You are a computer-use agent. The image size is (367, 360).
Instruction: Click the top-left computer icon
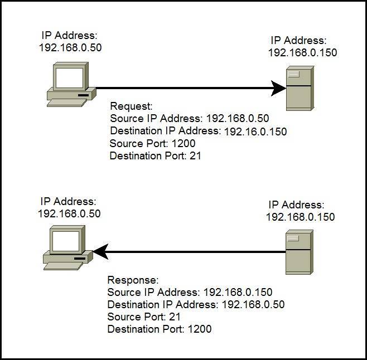point(69,85)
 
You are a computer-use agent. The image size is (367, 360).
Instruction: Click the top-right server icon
point(298,88)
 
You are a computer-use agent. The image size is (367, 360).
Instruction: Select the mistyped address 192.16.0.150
point(255,132)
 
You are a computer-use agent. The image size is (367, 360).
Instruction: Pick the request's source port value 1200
point(183,144)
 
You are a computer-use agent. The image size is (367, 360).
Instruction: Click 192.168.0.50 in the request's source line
point(238,118)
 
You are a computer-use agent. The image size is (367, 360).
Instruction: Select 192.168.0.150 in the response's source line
point(237,292)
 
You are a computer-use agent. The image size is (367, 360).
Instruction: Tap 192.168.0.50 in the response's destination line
point(253,305)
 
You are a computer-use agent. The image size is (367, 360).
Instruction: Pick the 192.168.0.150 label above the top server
point(303,52)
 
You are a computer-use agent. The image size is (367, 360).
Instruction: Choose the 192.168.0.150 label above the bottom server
point(301,217)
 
